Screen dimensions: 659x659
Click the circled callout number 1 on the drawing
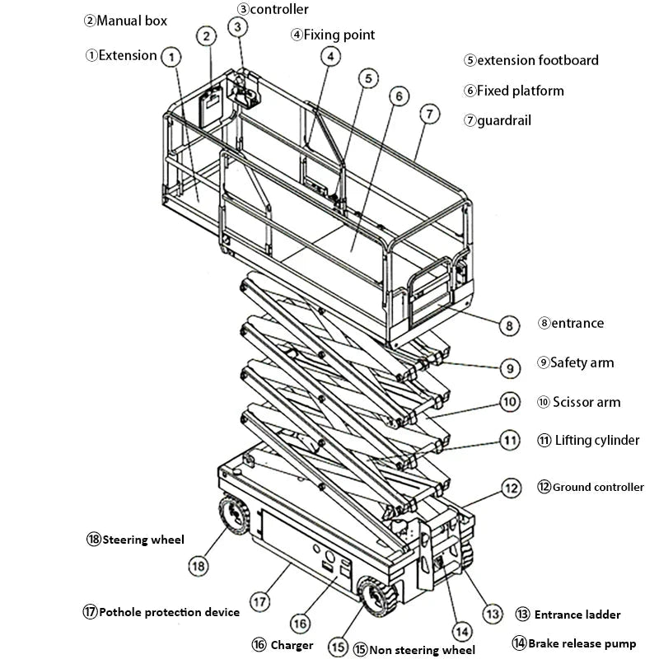coord(171,57)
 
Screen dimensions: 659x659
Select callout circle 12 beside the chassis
coord(512,488)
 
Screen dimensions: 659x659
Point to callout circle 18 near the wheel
coord(197,566)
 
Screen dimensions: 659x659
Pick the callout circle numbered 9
coord(510,367)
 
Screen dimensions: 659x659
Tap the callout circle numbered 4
coord(329,57)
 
